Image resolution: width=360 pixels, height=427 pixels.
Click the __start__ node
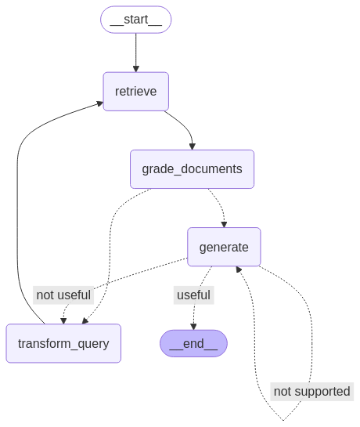tap(135, 20)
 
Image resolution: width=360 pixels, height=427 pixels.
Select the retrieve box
tap(135, 91)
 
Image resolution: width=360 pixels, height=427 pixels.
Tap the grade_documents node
tap(192, 168)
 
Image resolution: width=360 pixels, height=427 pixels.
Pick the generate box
tap(224, 247)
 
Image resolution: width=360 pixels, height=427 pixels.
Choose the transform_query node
tap(63, 343)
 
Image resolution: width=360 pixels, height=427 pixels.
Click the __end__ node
tap(193, 343)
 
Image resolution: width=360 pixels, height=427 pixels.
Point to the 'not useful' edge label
tap(64, 295)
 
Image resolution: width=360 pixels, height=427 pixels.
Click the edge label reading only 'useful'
tap(193, 295)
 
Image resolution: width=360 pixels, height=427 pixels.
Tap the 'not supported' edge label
tap(312, 391)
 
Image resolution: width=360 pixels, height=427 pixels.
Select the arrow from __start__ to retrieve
tap(135, 52)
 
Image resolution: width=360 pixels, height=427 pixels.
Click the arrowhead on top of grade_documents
tap(192, 146)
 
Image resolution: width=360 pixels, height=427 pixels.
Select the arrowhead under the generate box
tap(239, 270)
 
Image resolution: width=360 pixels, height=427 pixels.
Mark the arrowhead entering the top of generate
tap(224, 223)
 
